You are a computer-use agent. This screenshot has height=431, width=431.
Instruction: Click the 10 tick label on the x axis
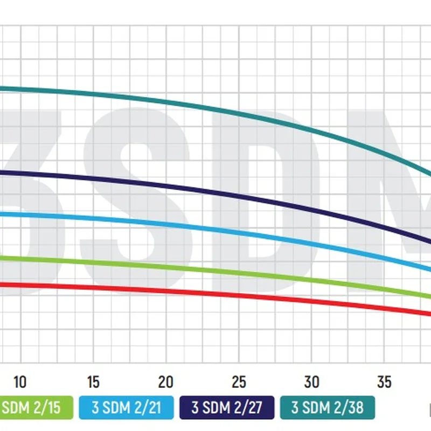click(20, 383)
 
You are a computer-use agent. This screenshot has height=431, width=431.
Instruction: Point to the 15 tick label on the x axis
click(93, 383)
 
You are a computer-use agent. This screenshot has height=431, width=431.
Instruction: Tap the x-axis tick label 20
click(166, 383)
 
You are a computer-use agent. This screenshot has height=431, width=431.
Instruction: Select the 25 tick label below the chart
click(239, 383)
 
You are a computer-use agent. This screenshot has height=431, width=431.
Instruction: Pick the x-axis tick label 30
click(312, 383)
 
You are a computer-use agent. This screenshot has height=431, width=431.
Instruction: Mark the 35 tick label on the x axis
click(385, 383)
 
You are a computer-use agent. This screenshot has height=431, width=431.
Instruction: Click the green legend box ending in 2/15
click(36, 408)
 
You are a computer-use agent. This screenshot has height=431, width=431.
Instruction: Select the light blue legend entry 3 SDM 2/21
click(127, 408)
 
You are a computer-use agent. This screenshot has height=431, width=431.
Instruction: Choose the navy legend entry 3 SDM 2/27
click(227, 408)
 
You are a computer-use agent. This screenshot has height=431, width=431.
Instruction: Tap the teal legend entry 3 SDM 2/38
click(328, 408)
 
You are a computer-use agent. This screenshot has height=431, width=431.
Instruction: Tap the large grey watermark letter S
click(135, 199)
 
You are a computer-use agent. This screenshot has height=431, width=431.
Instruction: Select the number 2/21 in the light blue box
click(147, 408)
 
